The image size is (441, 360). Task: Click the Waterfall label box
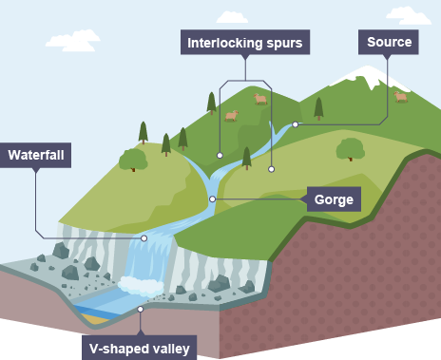click(x=35, y=155)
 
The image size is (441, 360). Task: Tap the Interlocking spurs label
click(x=245, y=43)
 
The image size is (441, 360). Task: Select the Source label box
click(x=389, y=42)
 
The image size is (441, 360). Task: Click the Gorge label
click(x=334, y=199)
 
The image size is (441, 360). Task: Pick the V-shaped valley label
click(x=140, y=348)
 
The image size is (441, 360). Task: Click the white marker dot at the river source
click(x=296, y=124)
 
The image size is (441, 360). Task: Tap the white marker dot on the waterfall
click(x=144, y=238)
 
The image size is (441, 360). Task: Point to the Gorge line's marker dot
click(x=213, y=199)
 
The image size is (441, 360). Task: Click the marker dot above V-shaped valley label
click(x=140, y=309)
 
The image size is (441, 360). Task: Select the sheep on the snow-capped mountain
click(x=401, y=97)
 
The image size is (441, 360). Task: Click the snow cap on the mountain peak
click(x=369, y=76)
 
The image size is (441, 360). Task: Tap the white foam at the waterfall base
click(x=141, y=286)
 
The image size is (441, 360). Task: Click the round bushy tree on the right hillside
click(x=350, y=149)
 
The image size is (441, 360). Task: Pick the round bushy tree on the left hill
click(x=133, y=160)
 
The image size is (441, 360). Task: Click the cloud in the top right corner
click(x=409, y=15)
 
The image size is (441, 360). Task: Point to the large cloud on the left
click(x=73, y=41)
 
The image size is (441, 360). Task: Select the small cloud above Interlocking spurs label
click(x=232, y=17)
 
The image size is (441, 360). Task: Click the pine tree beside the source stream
click(x=318, y=108)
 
